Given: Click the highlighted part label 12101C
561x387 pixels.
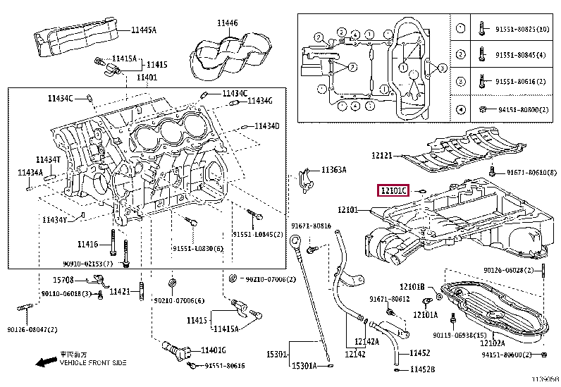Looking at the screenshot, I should coord(394,190).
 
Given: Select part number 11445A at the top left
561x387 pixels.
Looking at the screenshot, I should coord(144,30).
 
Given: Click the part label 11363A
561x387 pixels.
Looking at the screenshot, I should coord(334,170).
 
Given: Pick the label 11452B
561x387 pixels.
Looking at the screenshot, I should coord(423,369).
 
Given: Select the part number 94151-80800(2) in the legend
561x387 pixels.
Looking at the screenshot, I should coord(521,110).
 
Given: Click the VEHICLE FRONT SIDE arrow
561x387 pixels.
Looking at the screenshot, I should coord(47,362).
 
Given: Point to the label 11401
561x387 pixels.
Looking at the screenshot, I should coord(147,78).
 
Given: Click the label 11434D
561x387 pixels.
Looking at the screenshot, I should coord(267,126).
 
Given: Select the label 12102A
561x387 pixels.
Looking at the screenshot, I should coord(492,343).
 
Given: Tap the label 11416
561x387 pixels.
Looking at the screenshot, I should coord(87,245).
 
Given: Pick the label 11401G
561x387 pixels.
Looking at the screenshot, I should coord(214,350).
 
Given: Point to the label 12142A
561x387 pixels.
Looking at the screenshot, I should coord(366,342).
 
